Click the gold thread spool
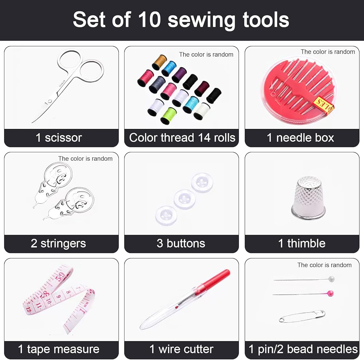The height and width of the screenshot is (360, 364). [x=159, y=62]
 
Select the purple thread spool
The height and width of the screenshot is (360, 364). [x=179, y=75]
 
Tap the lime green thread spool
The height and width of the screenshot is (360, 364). [x=168, y=116]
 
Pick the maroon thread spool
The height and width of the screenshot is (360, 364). [x=202, y=88]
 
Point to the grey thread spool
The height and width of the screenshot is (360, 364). [x=157, y=84]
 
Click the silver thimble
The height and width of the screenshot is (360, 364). [x=308, y=198]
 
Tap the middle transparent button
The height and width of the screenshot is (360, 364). [x=185, y=199]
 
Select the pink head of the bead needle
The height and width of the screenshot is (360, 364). [x=330, y=293]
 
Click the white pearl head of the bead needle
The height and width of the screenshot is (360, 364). [x=331, y=279]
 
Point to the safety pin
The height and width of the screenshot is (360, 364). [x=302, y=316]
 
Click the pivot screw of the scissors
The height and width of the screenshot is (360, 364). [x=50, y=101]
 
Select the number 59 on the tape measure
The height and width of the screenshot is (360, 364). [x=61, y=277]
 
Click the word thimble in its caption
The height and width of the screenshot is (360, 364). [x=306, y=243]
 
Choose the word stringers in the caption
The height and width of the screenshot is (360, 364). [x=63, y=244]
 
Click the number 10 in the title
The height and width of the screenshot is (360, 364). [x=150, y=19]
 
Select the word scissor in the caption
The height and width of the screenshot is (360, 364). [x=63, y=138]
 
